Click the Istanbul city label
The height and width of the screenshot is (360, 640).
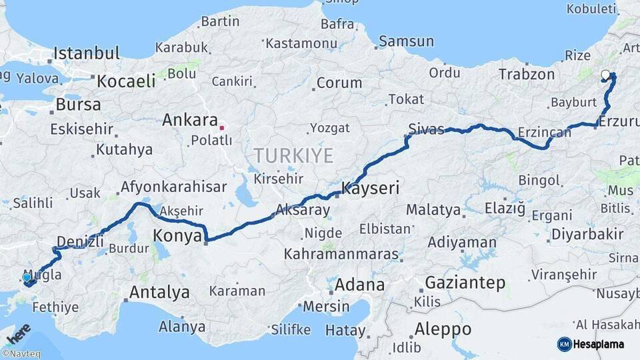tap(87, 53)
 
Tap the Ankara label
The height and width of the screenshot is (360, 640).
tap(190, 121)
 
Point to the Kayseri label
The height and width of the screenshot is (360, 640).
tap(370, 189)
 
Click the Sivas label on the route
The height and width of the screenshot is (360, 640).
tap(427, 129)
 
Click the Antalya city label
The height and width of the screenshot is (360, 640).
tap(159, 292)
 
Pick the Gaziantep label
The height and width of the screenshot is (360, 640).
tap(465, 282)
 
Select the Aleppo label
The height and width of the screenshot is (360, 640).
tap(443, 329)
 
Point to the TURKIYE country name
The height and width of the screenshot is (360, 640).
tap(293, 156)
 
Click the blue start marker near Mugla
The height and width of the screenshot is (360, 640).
tap(27, 277)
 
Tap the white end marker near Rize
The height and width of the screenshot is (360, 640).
tap(605, 75)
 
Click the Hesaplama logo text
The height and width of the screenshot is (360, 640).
tap(599, 344)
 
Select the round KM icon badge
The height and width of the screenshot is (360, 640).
tap(564, 344)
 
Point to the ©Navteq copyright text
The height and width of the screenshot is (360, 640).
tap(21, 354)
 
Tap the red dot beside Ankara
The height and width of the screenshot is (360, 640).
tap(222, 126)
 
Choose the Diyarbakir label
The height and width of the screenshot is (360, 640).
tap(587, 234)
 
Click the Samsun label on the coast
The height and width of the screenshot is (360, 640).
tap(406, 41)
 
